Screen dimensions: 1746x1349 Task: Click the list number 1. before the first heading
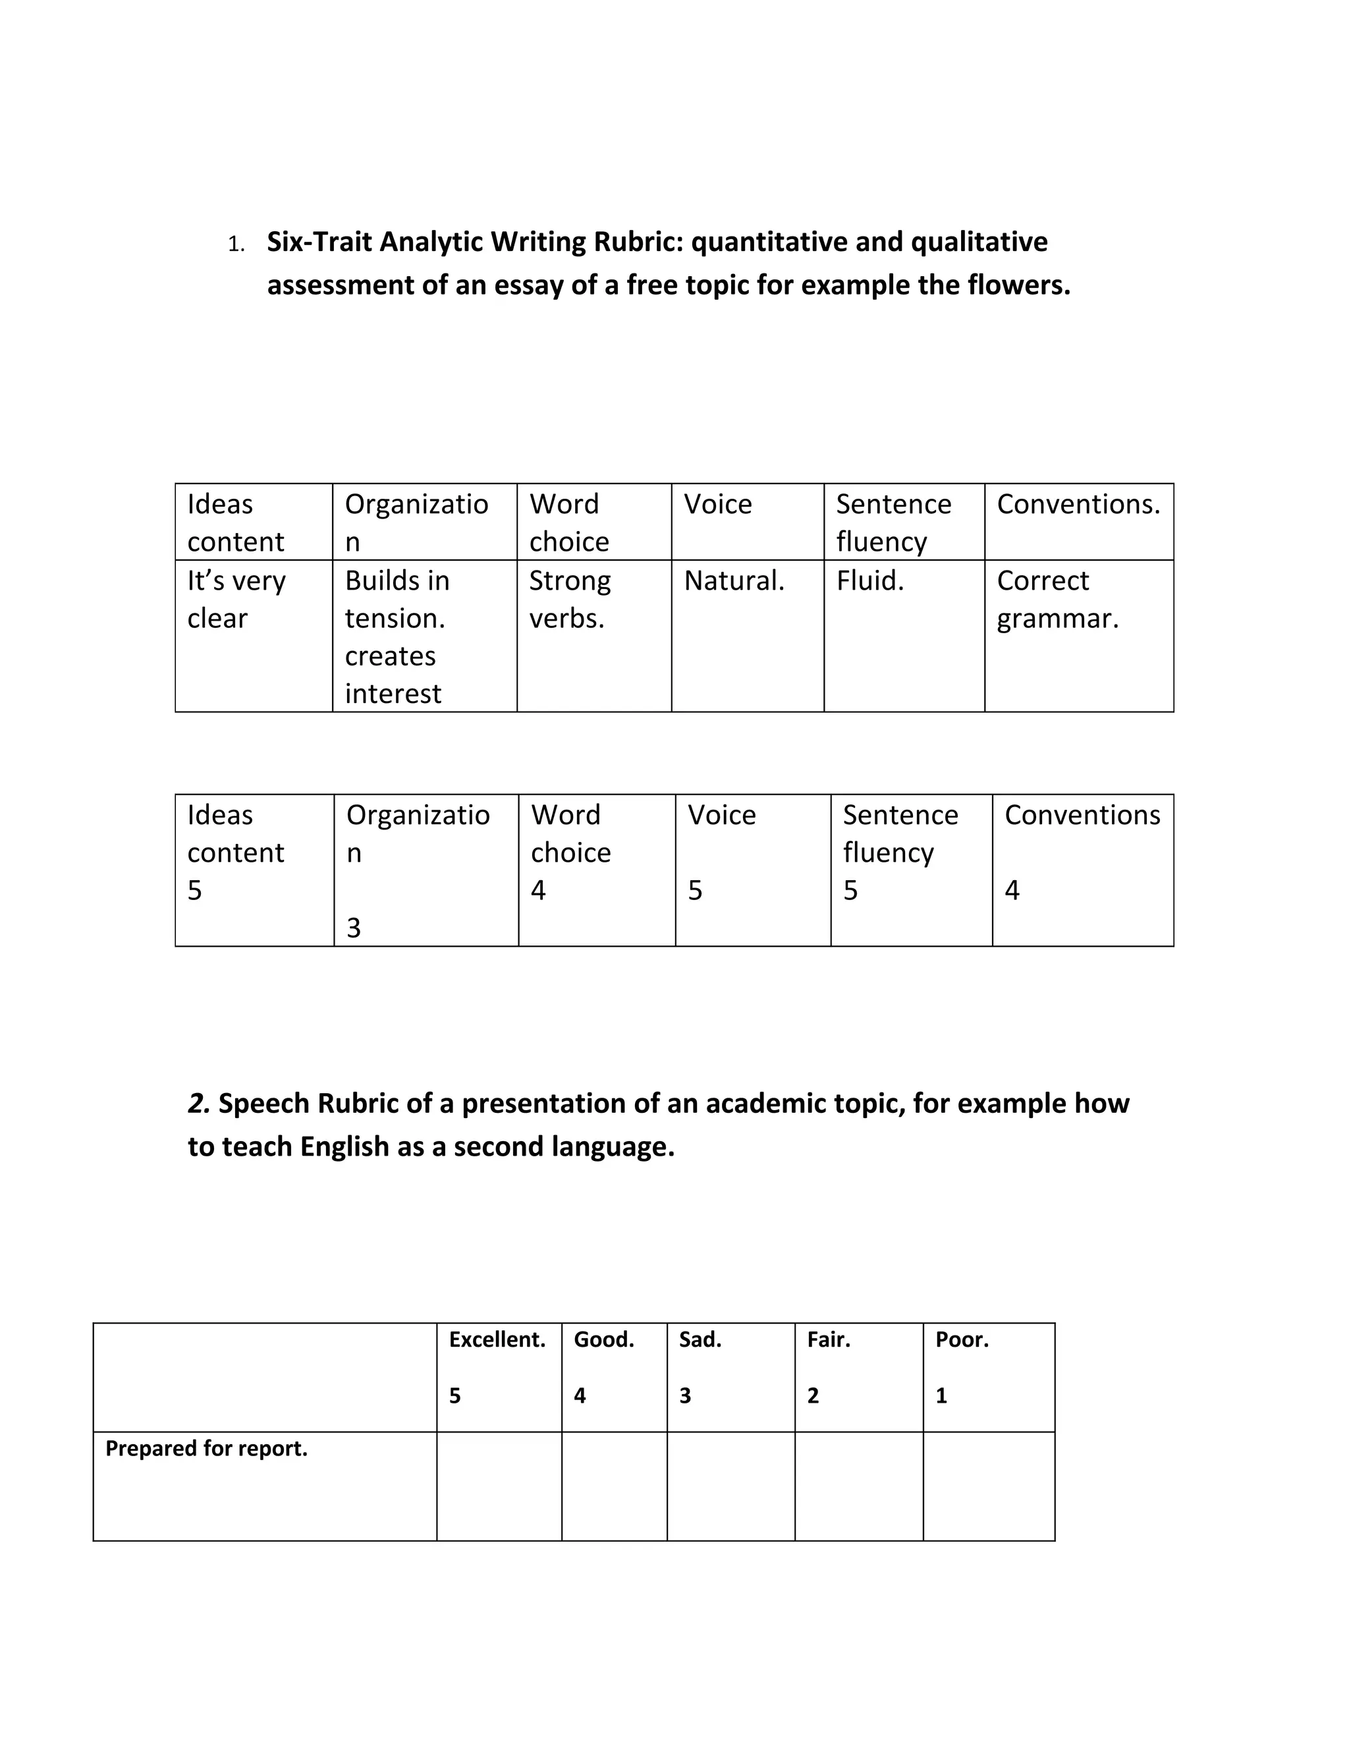236,244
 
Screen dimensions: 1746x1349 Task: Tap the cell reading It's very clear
236,600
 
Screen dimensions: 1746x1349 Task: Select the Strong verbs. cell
570,600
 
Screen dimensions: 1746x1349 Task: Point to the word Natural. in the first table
734,581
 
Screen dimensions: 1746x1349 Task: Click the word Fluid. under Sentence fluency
869,581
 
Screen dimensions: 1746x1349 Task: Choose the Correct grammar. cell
1057,600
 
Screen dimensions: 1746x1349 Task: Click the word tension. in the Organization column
395,619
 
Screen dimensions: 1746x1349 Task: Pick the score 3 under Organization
353,928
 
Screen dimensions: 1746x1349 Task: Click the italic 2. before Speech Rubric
199,1103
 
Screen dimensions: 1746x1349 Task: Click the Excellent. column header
497,1340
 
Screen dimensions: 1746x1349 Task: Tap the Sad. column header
700,1340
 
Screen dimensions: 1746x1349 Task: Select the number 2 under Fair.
813,1396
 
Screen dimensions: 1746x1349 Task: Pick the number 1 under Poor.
941,1396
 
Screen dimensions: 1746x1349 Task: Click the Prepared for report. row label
206,1449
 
